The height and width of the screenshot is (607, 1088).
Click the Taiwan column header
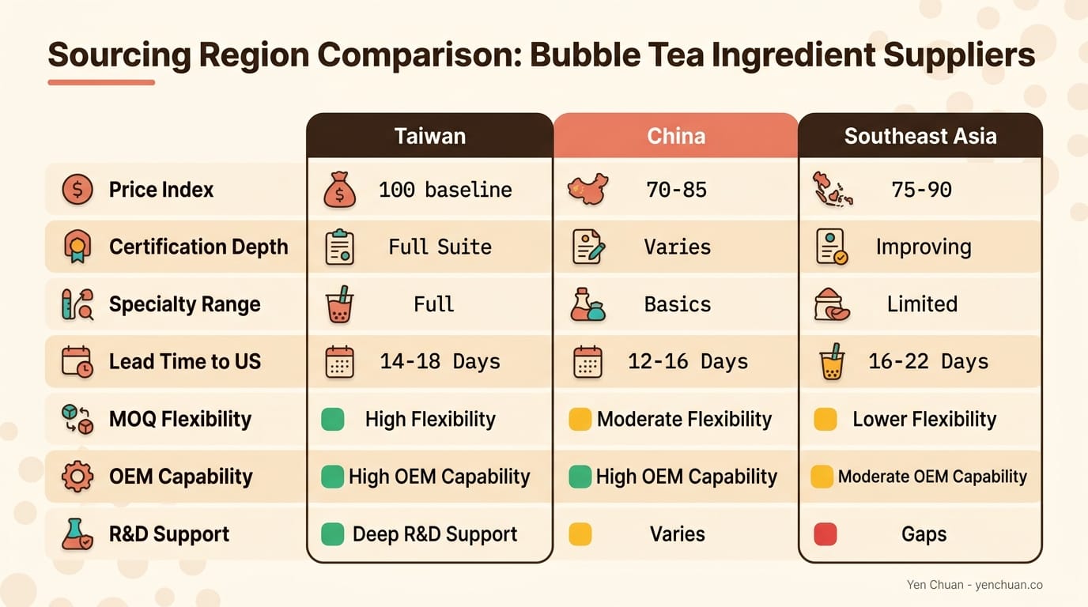[429, 136]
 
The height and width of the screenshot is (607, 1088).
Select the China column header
[676, 136]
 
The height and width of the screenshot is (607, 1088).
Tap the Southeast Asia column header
[920, 136]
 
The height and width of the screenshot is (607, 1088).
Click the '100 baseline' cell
[444, 190]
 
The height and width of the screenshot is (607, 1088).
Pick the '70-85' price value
[676, 190]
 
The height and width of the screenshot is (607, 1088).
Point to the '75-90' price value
[920, 190]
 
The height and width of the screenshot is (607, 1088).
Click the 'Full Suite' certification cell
[440, 247]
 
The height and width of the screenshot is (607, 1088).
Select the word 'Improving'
[923, 247]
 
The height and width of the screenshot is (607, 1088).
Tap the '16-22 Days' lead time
[928, 361]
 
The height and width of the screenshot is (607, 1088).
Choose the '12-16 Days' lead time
[687, 361]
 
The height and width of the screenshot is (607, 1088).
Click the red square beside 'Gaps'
[825, 534]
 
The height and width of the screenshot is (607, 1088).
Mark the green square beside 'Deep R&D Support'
[333, 534]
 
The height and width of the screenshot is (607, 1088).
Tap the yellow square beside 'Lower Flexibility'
[825, 419]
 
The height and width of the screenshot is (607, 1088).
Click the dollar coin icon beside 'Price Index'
[77, 190]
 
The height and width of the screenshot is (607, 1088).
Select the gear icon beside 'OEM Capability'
[77, 477]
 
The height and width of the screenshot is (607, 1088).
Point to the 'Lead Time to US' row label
[184, 361]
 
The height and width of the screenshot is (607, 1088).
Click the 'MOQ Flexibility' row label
[179, 419]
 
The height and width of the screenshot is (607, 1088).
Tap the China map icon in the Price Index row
[587, 190]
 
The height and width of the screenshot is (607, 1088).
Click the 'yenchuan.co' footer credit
[1009, 585]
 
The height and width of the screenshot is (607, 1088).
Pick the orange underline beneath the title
[100, 82]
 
